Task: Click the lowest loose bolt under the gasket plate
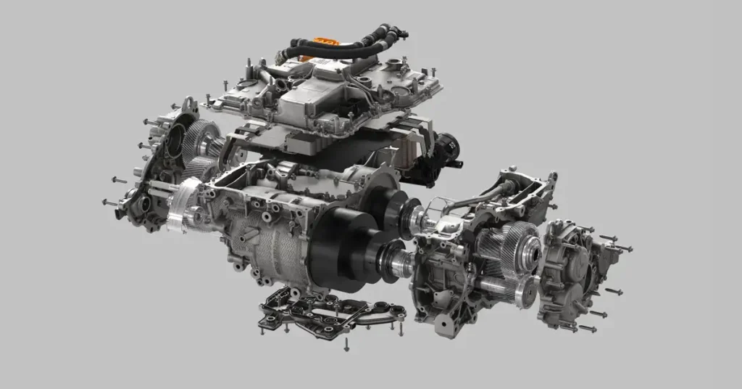pyautogui.click(x=346, y=347)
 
